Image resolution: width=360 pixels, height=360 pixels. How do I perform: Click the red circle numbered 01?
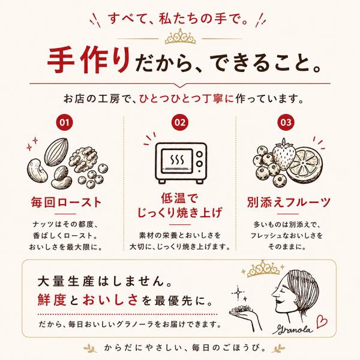65,122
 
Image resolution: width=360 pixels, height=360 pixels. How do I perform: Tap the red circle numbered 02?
180,122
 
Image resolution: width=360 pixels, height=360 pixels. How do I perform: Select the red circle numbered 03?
286,122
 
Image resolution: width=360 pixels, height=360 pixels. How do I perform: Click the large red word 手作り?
89,61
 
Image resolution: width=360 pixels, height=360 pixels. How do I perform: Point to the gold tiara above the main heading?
180,37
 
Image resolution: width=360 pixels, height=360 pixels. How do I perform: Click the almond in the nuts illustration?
56,152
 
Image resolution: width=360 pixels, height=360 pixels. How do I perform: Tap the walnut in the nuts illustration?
83,158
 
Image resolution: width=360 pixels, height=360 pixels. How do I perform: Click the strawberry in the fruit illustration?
283,154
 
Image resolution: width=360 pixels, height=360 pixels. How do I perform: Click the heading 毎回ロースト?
66,203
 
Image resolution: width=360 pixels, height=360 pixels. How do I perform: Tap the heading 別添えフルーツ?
289,203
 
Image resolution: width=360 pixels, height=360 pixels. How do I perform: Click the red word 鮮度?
52,300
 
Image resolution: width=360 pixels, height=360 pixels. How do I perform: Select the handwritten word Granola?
293,329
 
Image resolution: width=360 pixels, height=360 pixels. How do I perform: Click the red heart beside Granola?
322,322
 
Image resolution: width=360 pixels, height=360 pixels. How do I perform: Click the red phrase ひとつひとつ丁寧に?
186,99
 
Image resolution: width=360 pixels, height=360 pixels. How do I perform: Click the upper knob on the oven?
199,154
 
